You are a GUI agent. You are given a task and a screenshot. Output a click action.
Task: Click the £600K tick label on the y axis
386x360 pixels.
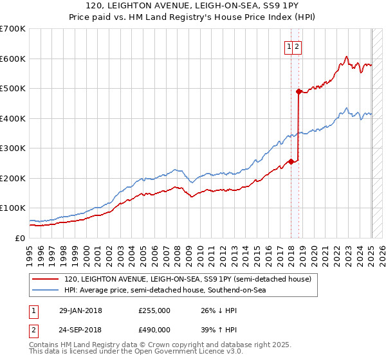[x=12, y=59]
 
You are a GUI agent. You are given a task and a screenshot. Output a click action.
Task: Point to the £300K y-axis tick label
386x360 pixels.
[x=12, y=148]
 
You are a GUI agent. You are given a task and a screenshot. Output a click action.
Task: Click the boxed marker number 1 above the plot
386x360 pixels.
[x=290, y=46]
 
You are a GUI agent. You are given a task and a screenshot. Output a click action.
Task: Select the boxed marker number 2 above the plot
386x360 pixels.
[x=299, y=46]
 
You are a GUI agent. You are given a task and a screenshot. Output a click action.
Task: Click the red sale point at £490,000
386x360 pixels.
[x=299, y=91]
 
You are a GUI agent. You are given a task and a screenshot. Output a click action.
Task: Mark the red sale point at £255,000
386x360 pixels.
[x=291, y=161]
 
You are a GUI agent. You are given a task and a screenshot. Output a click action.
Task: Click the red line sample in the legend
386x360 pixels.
[x=45, y=279]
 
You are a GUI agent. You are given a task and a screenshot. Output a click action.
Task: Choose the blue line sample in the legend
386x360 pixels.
[x=45, y=290]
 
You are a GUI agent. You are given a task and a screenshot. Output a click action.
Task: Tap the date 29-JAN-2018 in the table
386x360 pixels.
[x=80, y=310]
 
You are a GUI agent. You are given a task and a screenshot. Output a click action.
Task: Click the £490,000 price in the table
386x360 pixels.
[x=154, y=330]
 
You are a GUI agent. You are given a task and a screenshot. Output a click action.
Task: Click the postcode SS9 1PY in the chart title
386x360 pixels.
[x=246, y=8]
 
